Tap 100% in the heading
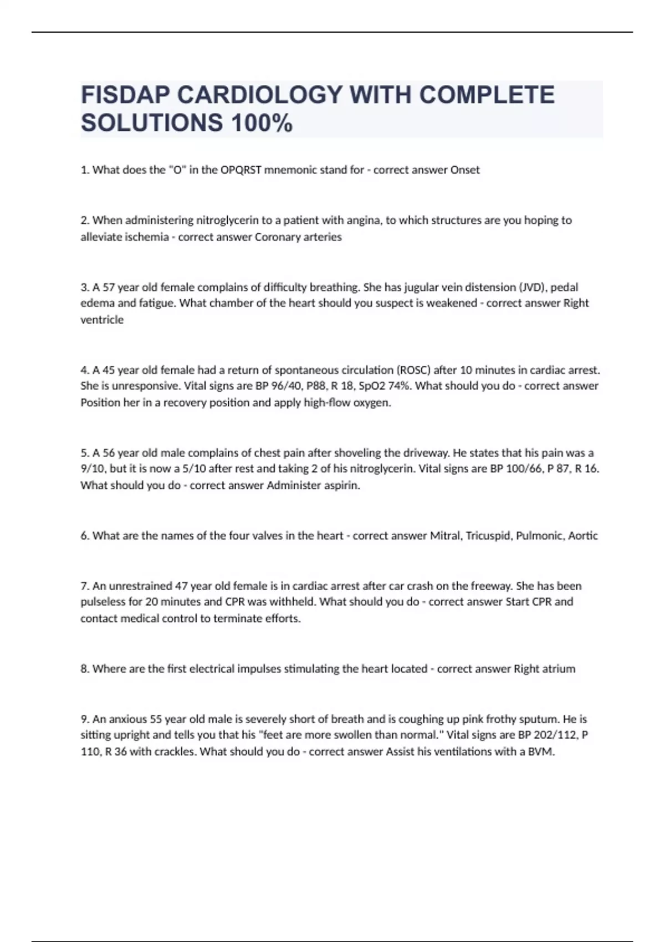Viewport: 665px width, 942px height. [261, 123]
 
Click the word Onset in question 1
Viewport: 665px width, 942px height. [465, 170]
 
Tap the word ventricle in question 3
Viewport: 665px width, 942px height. [102, 320]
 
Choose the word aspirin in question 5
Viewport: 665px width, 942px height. [342, 486]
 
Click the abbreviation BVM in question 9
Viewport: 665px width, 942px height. [541, 752]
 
